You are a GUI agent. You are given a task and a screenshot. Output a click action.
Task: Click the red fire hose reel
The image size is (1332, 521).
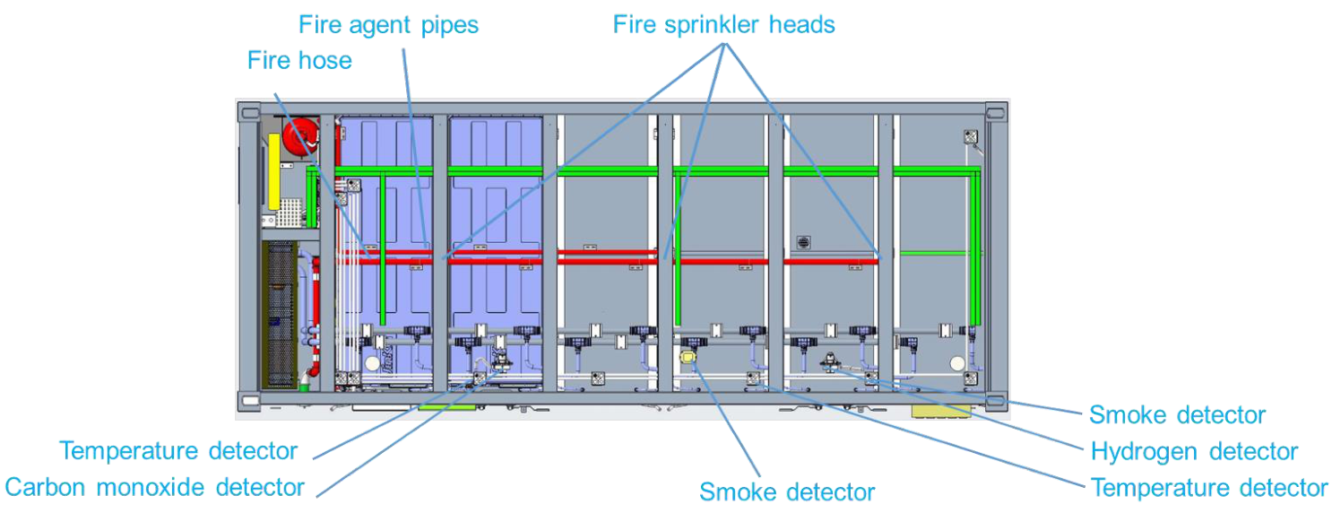300,138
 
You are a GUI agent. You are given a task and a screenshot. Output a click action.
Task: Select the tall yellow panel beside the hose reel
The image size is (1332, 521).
274,171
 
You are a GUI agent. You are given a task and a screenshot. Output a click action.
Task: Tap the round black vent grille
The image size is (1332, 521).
803,243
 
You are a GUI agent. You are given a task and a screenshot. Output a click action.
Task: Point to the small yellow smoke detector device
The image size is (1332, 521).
688,358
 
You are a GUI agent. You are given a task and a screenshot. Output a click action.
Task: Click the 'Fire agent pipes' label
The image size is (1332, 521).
388,25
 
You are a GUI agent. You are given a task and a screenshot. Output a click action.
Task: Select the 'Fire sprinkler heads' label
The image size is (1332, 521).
723,25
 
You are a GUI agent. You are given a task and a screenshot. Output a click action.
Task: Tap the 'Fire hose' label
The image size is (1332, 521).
299,61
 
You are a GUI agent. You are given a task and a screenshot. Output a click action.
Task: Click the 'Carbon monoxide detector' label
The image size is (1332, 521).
154,487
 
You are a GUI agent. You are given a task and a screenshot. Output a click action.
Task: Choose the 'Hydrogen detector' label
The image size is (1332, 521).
1194,451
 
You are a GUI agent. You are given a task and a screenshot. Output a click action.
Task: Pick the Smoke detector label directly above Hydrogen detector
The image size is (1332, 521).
1177,415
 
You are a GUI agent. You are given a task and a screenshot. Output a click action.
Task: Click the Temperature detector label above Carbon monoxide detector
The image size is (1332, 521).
177,451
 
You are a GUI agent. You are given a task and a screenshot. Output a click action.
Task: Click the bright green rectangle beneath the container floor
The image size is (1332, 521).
446,407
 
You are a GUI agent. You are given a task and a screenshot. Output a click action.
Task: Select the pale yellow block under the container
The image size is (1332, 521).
941,411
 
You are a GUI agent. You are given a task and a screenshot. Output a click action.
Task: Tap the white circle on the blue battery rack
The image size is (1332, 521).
372,363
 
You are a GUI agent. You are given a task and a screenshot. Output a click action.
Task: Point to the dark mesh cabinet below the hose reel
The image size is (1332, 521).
279,315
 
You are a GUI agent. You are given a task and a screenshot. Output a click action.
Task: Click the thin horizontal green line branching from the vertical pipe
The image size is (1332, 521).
935,254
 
